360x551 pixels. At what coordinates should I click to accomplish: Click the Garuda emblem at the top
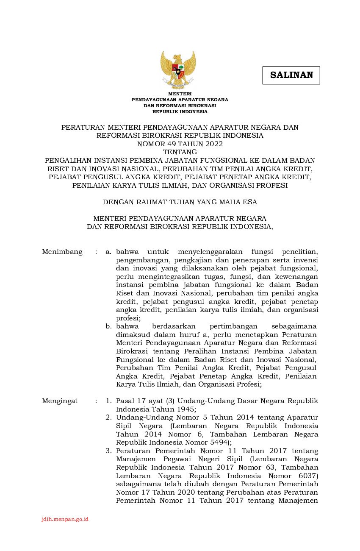tap(178, 70)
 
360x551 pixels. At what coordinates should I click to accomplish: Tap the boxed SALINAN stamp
tap(291, 75)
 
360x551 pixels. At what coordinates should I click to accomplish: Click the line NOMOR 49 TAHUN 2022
tap(180, 144)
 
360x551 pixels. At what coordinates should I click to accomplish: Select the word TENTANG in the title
tap(180, 152)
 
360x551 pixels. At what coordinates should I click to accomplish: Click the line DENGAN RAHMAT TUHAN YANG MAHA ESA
tap(180, 202)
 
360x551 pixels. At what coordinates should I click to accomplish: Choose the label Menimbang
tap(62, 252)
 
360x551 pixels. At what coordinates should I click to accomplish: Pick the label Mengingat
tap(60, 401)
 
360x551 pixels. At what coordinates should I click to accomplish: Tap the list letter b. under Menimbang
tap(109, 326)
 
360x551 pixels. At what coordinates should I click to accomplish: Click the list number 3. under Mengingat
tap(109, 451)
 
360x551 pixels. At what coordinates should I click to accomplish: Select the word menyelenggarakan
tap(209, 252)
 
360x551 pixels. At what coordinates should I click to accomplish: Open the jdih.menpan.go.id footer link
tap(65, 519)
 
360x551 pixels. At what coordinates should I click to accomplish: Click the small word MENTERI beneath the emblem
tap(180, 94)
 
